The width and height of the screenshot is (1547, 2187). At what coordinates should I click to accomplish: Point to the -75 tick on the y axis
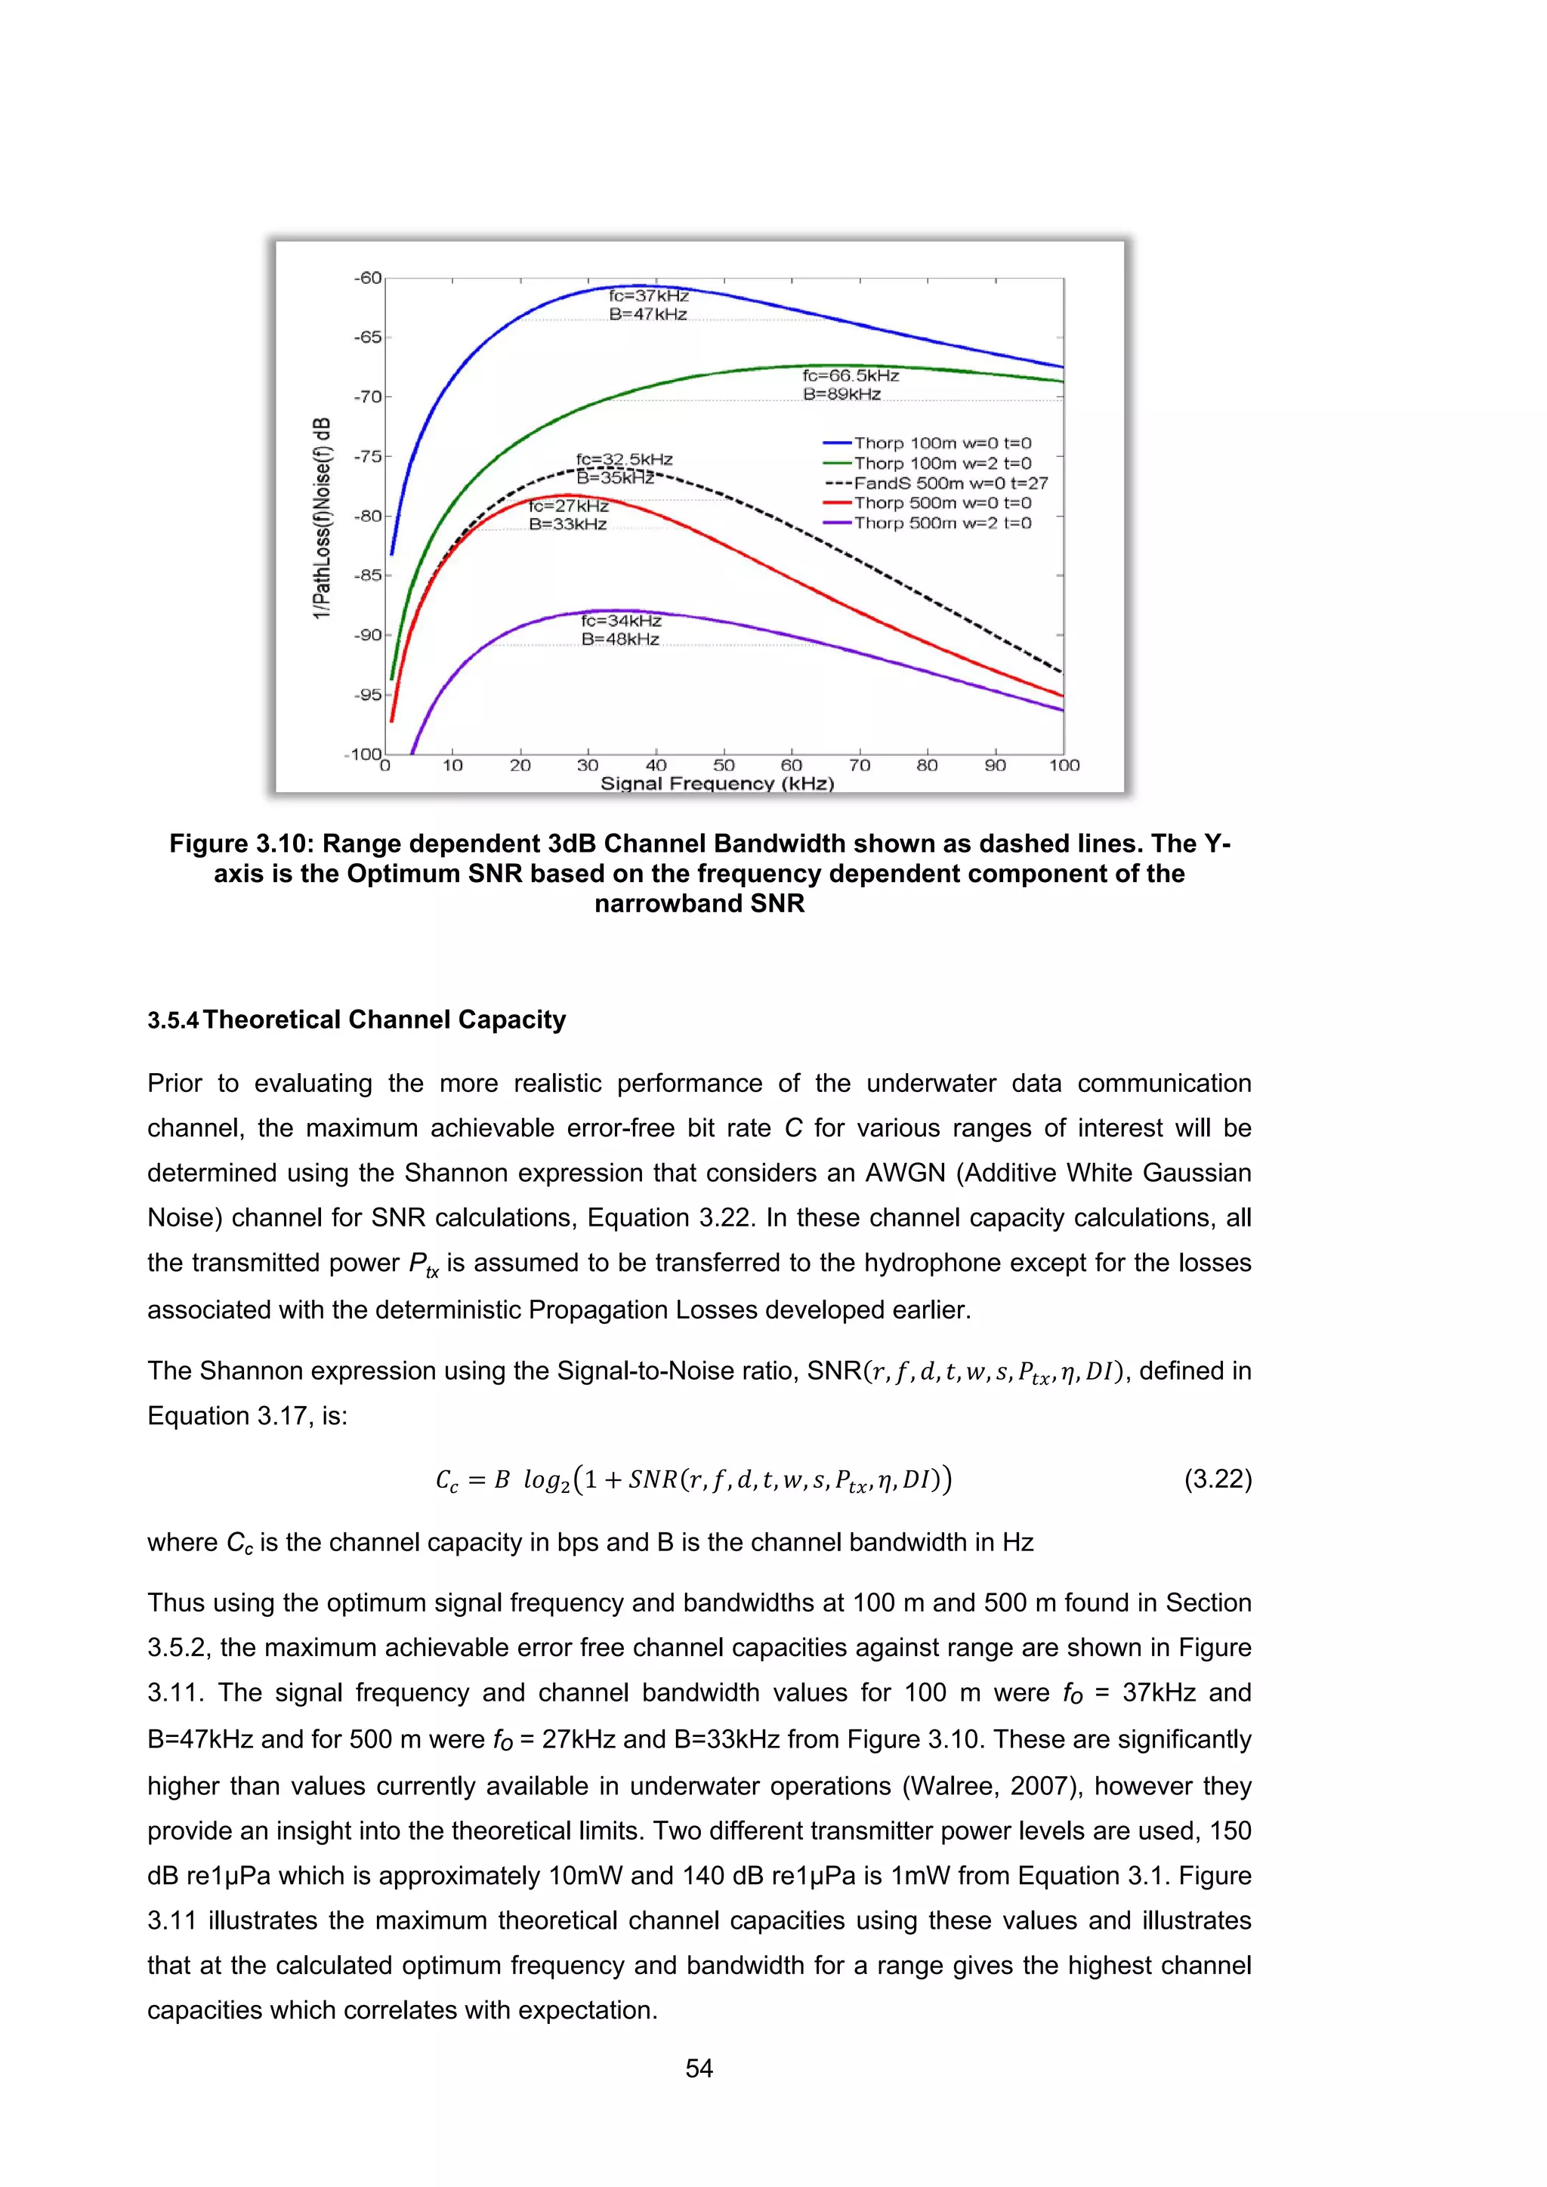pyautogui.click(x=368, y=456)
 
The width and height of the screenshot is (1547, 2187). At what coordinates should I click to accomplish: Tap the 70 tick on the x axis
pyautogui.click(x=859, y=765)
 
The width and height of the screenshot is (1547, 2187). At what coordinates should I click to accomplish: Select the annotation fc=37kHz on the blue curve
pyautogui.click(x=649, y=295)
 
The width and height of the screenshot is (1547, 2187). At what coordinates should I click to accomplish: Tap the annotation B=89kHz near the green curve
pyautogui.click(x=841, y=394)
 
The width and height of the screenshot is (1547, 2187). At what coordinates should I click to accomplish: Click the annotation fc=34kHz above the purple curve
pyautogui.click(x=621, y=621)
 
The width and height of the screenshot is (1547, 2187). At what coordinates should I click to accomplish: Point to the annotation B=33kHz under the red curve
pyautogui.click(x=568, y=524)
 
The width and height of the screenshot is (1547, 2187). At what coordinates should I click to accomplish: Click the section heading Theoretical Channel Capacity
pyautogui.click(x=384, y=1019)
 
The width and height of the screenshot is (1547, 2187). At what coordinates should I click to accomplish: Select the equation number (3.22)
pyautogui.click(x=1218, y=1479)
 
